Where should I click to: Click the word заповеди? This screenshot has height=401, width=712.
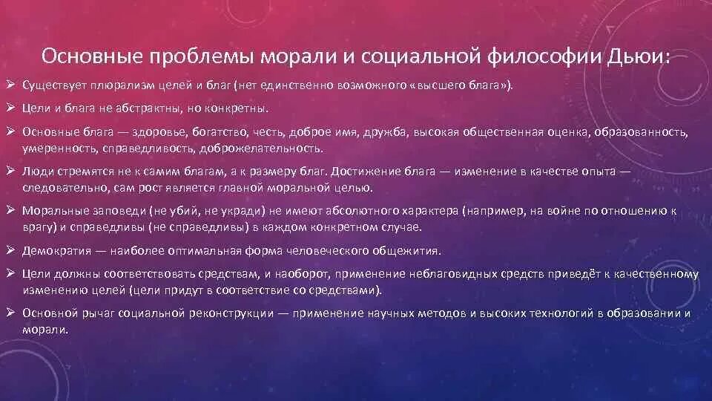click(x=99, y=211)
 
